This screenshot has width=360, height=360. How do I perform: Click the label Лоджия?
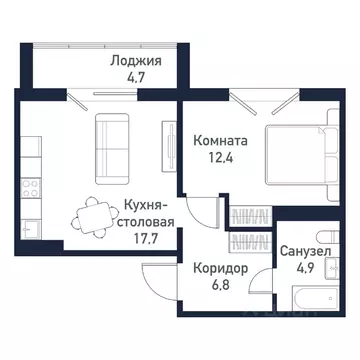[136, 59]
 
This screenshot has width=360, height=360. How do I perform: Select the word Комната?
[222, 142]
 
